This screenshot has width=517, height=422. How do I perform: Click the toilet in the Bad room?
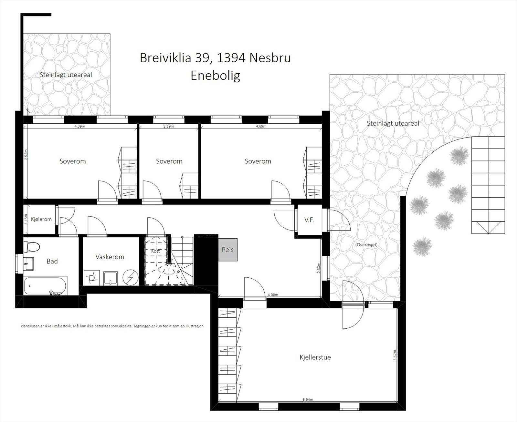[x=32, y=247]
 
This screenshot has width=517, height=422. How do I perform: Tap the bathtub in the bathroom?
[x=45, y=285]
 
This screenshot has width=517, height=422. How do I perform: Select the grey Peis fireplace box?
[x=228, y=250]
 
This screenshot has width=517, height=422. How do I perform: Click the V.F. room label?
[x=309, y=220]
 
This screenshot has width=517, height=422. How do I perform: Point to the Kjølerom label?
[x=41, y=219]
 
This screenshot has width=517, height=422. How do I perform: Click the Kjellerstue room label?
[x=315, y=357]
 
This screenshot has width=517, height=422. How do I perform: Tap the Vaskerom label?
[x=110, y=257]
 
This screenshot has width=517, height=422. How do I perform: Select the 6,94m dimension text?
[x=308, y=399]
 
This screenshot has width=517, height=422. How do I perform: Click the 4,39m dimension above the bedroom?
[x=80, y=126]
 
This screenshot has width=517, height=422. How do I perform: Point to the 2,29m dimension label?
[x=169, y=126]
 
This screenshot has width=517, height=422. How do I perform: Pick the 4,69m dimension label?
[x=261, y=126]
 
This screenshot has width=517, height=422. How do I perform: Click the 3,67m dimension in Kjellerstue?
[x=395, y=355]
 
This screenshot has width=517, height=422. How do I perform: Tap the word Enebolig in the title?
[x=215, y=76]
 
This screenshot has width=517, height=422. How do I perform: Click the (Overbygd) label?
[x=366, y=245]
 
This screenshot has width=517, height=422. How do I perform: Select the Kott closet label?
[x=155, y=251]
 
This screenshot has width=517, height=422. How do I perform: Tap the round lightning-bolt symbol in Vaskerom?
[x=131, y=277]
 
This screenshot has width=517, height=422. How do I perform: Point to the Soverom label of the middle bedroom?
[x=169, y=161]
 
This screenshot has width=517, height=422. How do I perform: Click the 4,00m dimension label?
[x=273, y=295]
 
